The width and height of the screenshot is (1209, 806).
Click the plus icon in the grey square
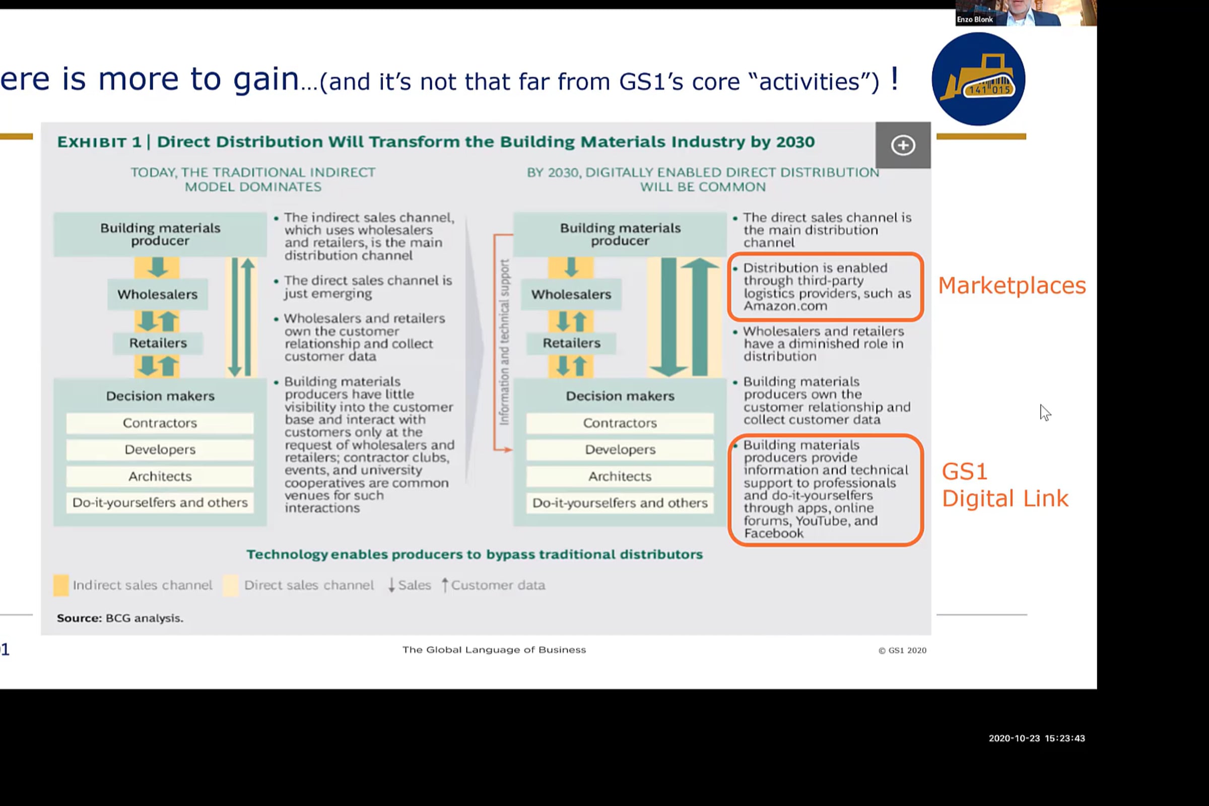click(x=903, y=145)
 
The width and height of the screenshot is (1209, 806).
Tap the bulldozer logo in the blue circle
click(x=978, y=79)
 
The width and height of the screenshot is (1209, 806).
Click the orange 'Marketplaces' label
click(x=1012, y=285)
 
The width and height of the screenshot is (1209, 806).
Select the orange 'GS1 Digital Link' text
click(x=1004, y=485)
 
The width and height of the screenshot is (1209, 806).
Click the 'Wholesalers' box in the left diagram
click(x=157, y=294)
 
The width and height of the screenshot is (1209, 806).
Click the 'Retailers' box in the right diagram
click(x=571, y=343)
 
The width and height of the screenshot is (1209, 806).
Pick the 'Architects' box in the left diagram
click(x=159, y=477)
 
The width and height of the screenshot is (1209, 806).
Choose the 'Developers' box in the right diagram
click(x=620, y=449)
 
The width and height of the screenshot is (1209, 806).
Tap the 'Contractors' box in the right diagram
click(x=620, y=423)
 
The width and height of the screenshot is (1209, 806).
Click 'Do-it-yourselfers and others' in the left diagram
click(x=159, y=503)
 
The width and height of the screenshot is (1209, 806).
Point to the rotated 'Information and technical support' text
click(x=504, y=343)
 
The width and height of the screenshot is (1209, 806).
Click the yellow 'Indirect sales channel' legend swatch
click(x=60, y=585)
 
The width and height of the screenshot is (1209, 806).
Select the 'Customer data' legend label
click(x=498, y=585)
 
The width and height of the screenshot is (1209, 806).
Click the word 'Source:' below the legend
click(x=79, y=618)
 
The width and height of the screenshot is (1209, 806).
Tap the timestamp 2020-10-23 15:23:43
click(x=1036, y=738)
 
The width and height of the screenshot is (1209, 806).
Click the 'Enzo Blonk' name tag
click(x=975, y=20)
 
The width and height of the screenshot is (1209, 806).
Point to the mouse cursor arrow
click(x=1045, y=413)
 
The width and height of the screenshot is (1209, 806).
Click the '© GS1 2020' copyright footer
click(x=902, y=650)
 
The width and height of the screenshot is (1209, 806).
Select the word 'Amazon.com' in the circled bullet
click(x=785, y=306)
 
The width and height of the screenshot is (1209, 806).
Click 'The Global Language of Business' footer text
click(x=494, y=650)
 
